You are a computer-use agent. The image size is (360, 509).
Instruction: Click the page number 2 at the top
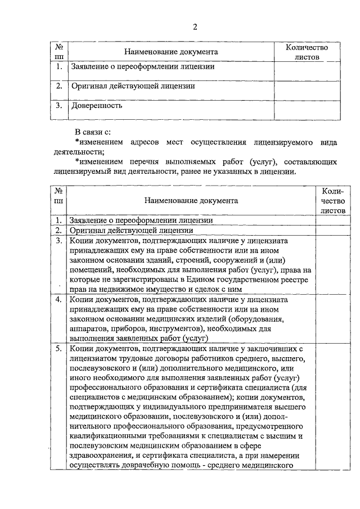pyautogui.click(x=195, y=26)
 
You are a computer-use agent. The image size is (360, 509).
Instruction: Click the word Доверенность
pyautogui.click(x=96, y=105)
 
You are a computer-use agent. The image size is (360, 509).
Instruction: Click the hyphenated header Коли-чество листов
pyautogui.click(x=332, y=200)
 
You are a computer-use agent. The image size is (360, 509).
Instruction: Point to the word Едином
pyautogui.click(x=215, y=280)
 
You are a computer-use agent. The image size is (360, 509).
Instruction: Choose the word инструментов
pyautogui.click(x=180, y=329)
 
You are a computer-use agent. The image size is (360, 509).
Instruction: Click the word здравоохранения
pyautogui.click(x=101, y=456)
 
